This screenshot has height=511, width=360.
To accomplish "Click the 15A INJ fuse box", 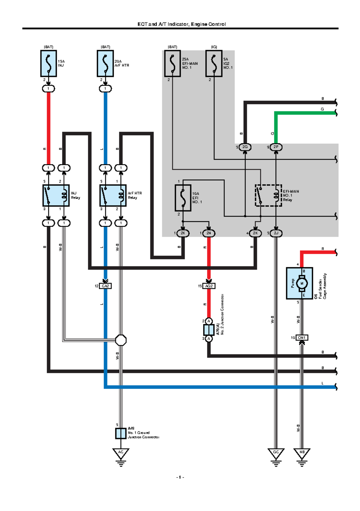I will click(x=49, y=64).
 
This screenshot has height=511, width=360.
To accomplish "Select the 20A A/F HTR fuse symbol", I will click(x=105, y=64).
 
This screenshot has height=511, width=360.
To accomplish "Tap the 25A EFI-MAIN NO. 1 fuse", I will click(x=172, y=64).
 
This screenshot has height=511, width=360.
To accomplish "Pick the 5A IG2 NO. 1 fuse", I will click(x=214, y=64).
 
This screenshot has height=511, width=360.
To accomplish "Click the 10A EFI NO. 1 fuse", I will click(x=183, y=198).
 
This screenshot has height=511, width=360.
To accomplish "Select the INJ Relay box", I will click(x=56, y=196).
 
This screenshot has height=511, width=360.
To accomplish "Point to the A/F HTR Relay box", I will click(x=113, y=196).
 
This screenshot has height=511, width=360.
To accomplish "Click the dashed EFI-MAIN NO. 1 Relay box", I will click(x=268, y=196).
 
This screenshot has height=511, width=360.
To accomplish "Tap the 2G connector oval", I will click(x=245, y=147).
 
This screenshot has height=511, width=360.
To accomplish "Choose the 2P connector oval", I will click(x=276, y=147).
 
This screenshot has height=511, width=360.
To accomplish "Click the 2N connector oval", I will click(x=209, y=233).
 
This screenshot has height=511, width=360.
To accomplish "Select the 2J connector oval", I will click(x=276, y=233).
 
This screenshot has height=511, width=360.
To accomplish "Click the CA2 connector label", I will click(x=105, y=286).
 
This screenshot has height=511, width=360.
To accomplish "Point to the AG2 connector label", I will click(x=209, y=286).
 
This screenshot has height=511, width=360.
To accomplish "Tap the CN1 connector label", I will click(x=302, y=338).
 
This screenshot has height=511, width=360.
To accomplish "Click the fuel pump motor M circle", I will click(x=302, y=283).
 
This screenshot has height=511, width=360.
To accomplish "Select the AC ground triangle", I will click(x=121, y=453).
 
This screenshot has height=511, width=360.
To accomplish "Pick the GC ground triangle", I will click(x=276, y=453).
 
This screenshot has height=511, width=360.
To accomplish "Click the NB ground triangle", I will click(x=302, y=453).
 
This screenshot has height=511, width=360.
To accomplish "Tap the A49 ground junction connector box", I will click(x=121, y=434).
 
